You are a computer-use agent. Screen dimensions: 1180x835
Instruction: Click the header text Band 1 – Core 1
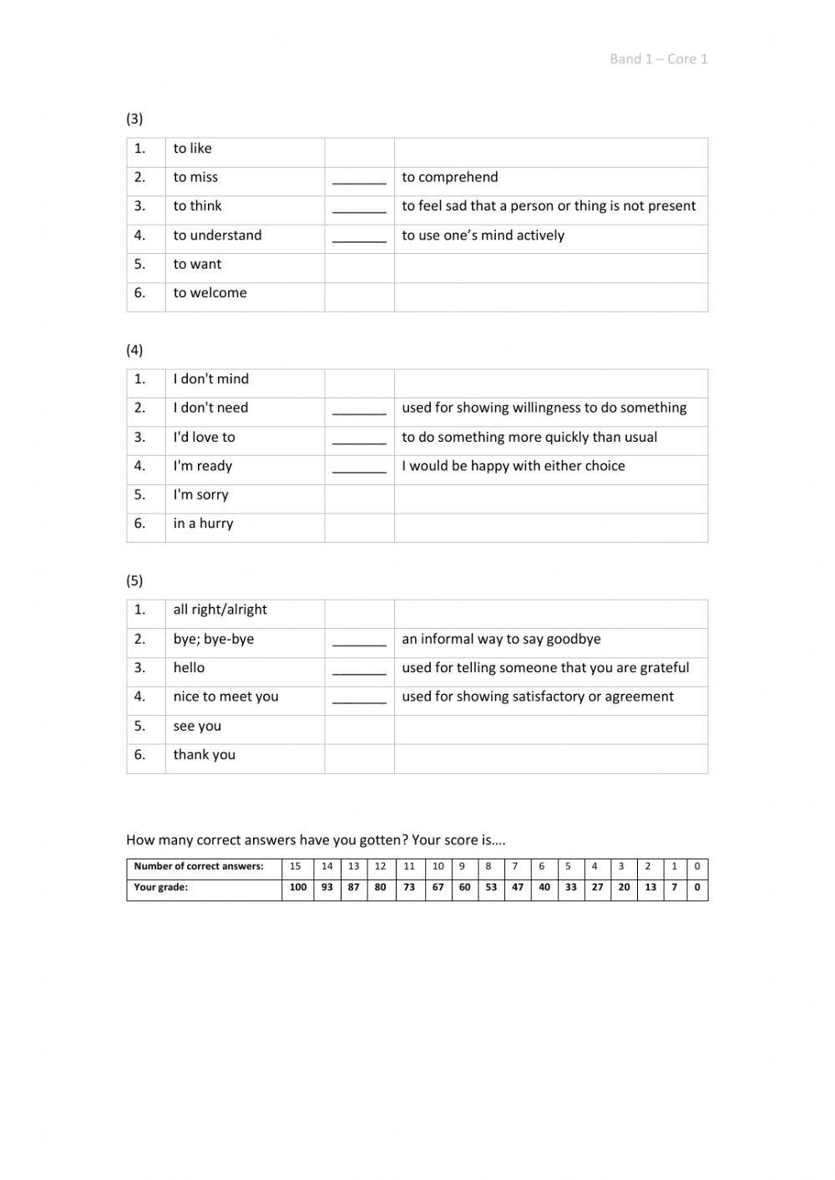tap(658, 58)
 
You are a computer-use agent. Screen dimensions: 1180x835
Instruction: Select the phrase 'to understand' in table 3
tap(217, 235)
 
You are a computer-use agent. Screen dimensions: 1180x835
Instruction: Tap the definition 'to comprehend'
tap(449, 177)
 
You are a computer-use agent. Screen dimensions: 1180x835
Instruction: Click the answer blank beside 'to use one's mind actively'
tap(359, 237)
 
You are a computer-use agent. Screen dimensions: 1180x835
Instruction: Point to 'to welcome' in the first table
tap(210, 293)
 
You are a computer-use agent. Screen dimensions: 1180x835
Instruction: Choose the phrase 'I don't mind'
tap(210, 379)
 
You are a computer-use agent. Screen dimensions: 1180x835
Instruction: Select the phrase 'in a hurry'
tap(203, 524)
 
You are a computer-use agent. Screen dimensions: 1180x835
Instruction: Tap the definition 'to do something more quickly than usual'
tap(529, 438)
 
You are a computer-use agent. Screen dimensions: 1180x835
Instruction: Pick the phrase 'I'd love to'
tap(204, 438)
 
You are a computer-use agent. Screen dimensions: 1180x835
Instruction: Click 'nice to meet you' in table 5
tap(225, 696)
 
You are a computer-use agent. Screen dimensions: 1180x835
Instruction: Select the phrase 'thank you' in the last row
tap(204, 755)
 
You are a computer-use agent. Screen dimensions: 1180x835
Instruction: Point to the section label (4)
tap(134, 350)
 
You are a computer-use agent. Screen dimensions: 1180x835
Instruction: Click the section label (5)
tap(134, 580)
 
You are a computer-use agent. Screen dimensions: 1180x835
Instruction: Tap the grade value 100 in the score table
tap(297, 888)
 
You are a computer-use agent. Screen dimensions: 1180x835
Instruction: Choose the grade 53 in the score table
tap(491, 888)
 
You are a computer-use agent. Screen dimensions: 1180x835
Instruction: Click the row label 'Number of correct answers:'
tap(199, 867)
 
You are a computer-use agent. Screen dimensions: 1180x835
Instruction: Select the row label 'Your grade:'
tap(160, 888)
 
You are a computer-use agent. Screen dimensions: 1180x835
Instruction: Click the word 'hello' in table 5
tap(189, 668)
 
